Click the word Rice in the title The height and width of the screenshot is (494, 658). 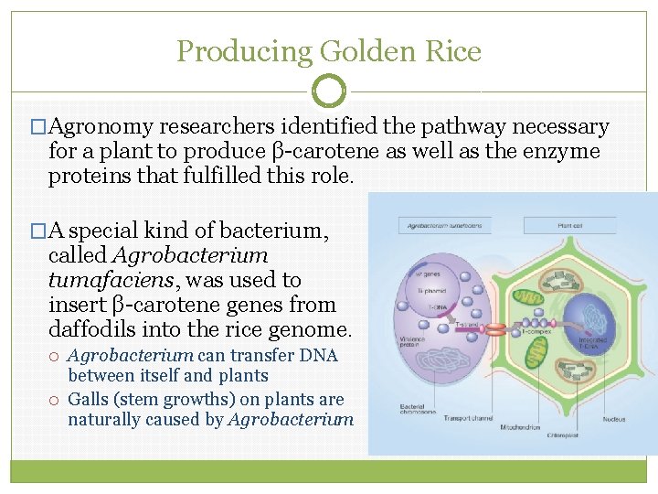pos(454,51)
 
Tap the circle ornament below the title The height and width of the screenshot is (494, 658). pos(329,91)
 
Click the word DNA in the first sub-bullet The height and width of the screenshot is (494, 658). pos(319,355)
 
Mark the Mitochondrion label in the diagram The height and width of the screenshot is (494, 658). pos(520,426)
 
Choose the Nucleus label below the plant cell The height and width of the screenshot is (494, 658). pos(614,419)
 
